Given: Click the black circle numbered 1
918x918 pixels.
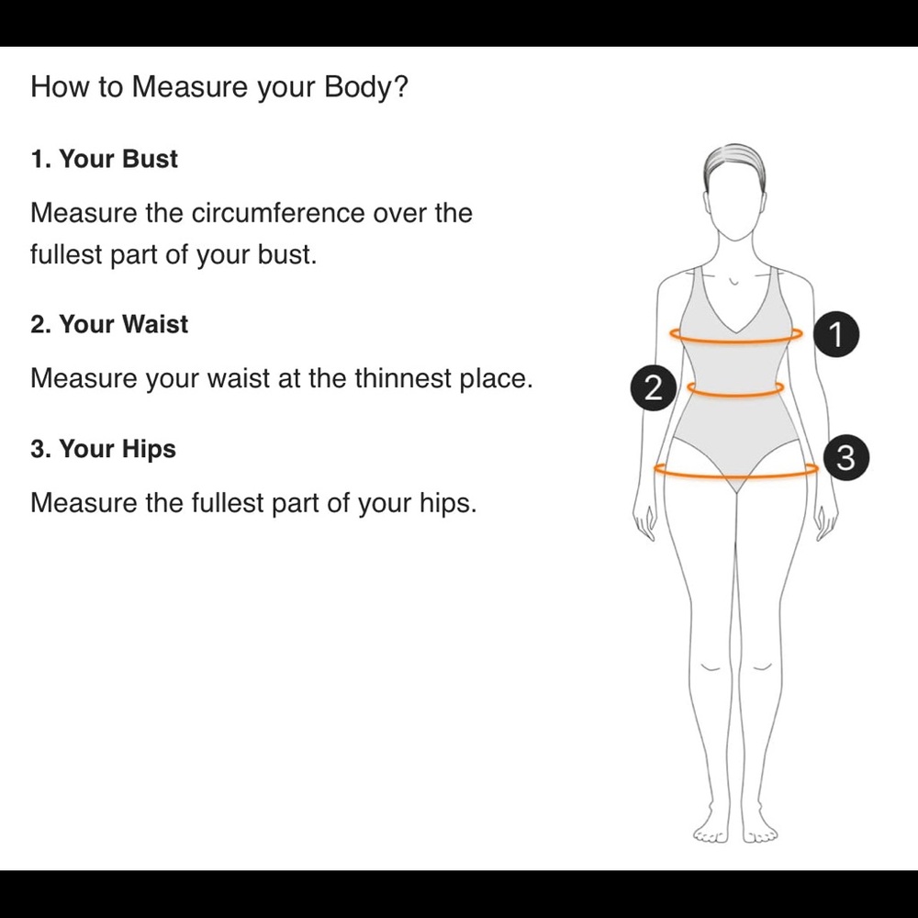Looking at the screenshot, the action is (x=836, y=334).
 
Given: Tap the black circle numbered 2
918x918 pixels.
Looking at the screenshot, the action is (x=654, y=387).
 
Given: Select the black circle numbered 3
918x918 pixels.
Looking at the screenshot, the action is (x=846, y=457).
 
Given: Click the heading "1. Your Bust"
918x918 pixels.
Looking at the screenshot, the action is (x=105, y=159).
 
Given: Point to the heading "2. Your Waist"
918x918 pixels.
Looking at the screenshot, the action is (x=109, y=324).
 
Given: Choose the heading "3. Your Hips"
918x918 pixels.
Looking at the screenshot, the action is (x=103, y=449).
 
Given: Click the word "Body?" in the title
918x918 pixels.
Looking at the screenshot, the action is (x=366, y=86).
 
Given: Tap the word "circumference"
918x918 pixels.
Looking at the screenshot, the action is (x=278, y=213).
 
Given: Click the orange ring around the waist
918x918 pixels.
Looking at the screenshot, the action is (x=735, y=395).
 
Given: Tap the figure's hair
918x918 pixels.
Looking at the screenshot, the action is (x=735, y=158).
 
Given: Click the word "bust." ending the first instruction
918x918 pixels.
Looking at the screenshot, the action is (x=287, y=254).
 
